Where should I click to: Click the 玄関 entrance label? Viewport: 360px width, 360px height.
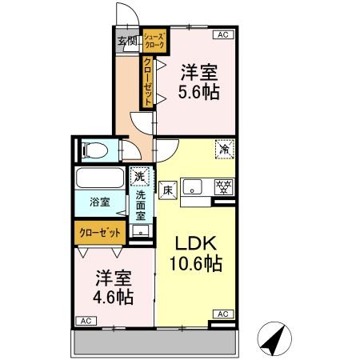pyautogui.click(x=127, y=42)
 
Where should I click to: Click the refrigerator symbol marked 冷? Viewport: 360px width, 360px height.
pyautogui.click(x=225, y=149)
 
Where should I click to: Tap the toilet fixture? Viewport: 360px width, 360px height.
pyautogui.click(x=94, y=150)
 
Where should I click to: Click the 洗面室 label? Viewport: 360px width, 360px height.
pyautogui.click(x=141, y=206)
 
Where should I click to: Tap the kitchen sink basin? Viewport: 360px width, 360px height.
pyautogui.click(x=193, y=188)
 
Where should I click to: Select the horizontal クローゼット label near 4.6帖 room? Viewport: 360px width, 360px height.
pyautogui.click(x=100, y=232)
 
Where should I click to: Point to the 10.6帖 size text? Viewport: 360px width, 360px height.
pyautogui.click(x=195, y=265)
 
